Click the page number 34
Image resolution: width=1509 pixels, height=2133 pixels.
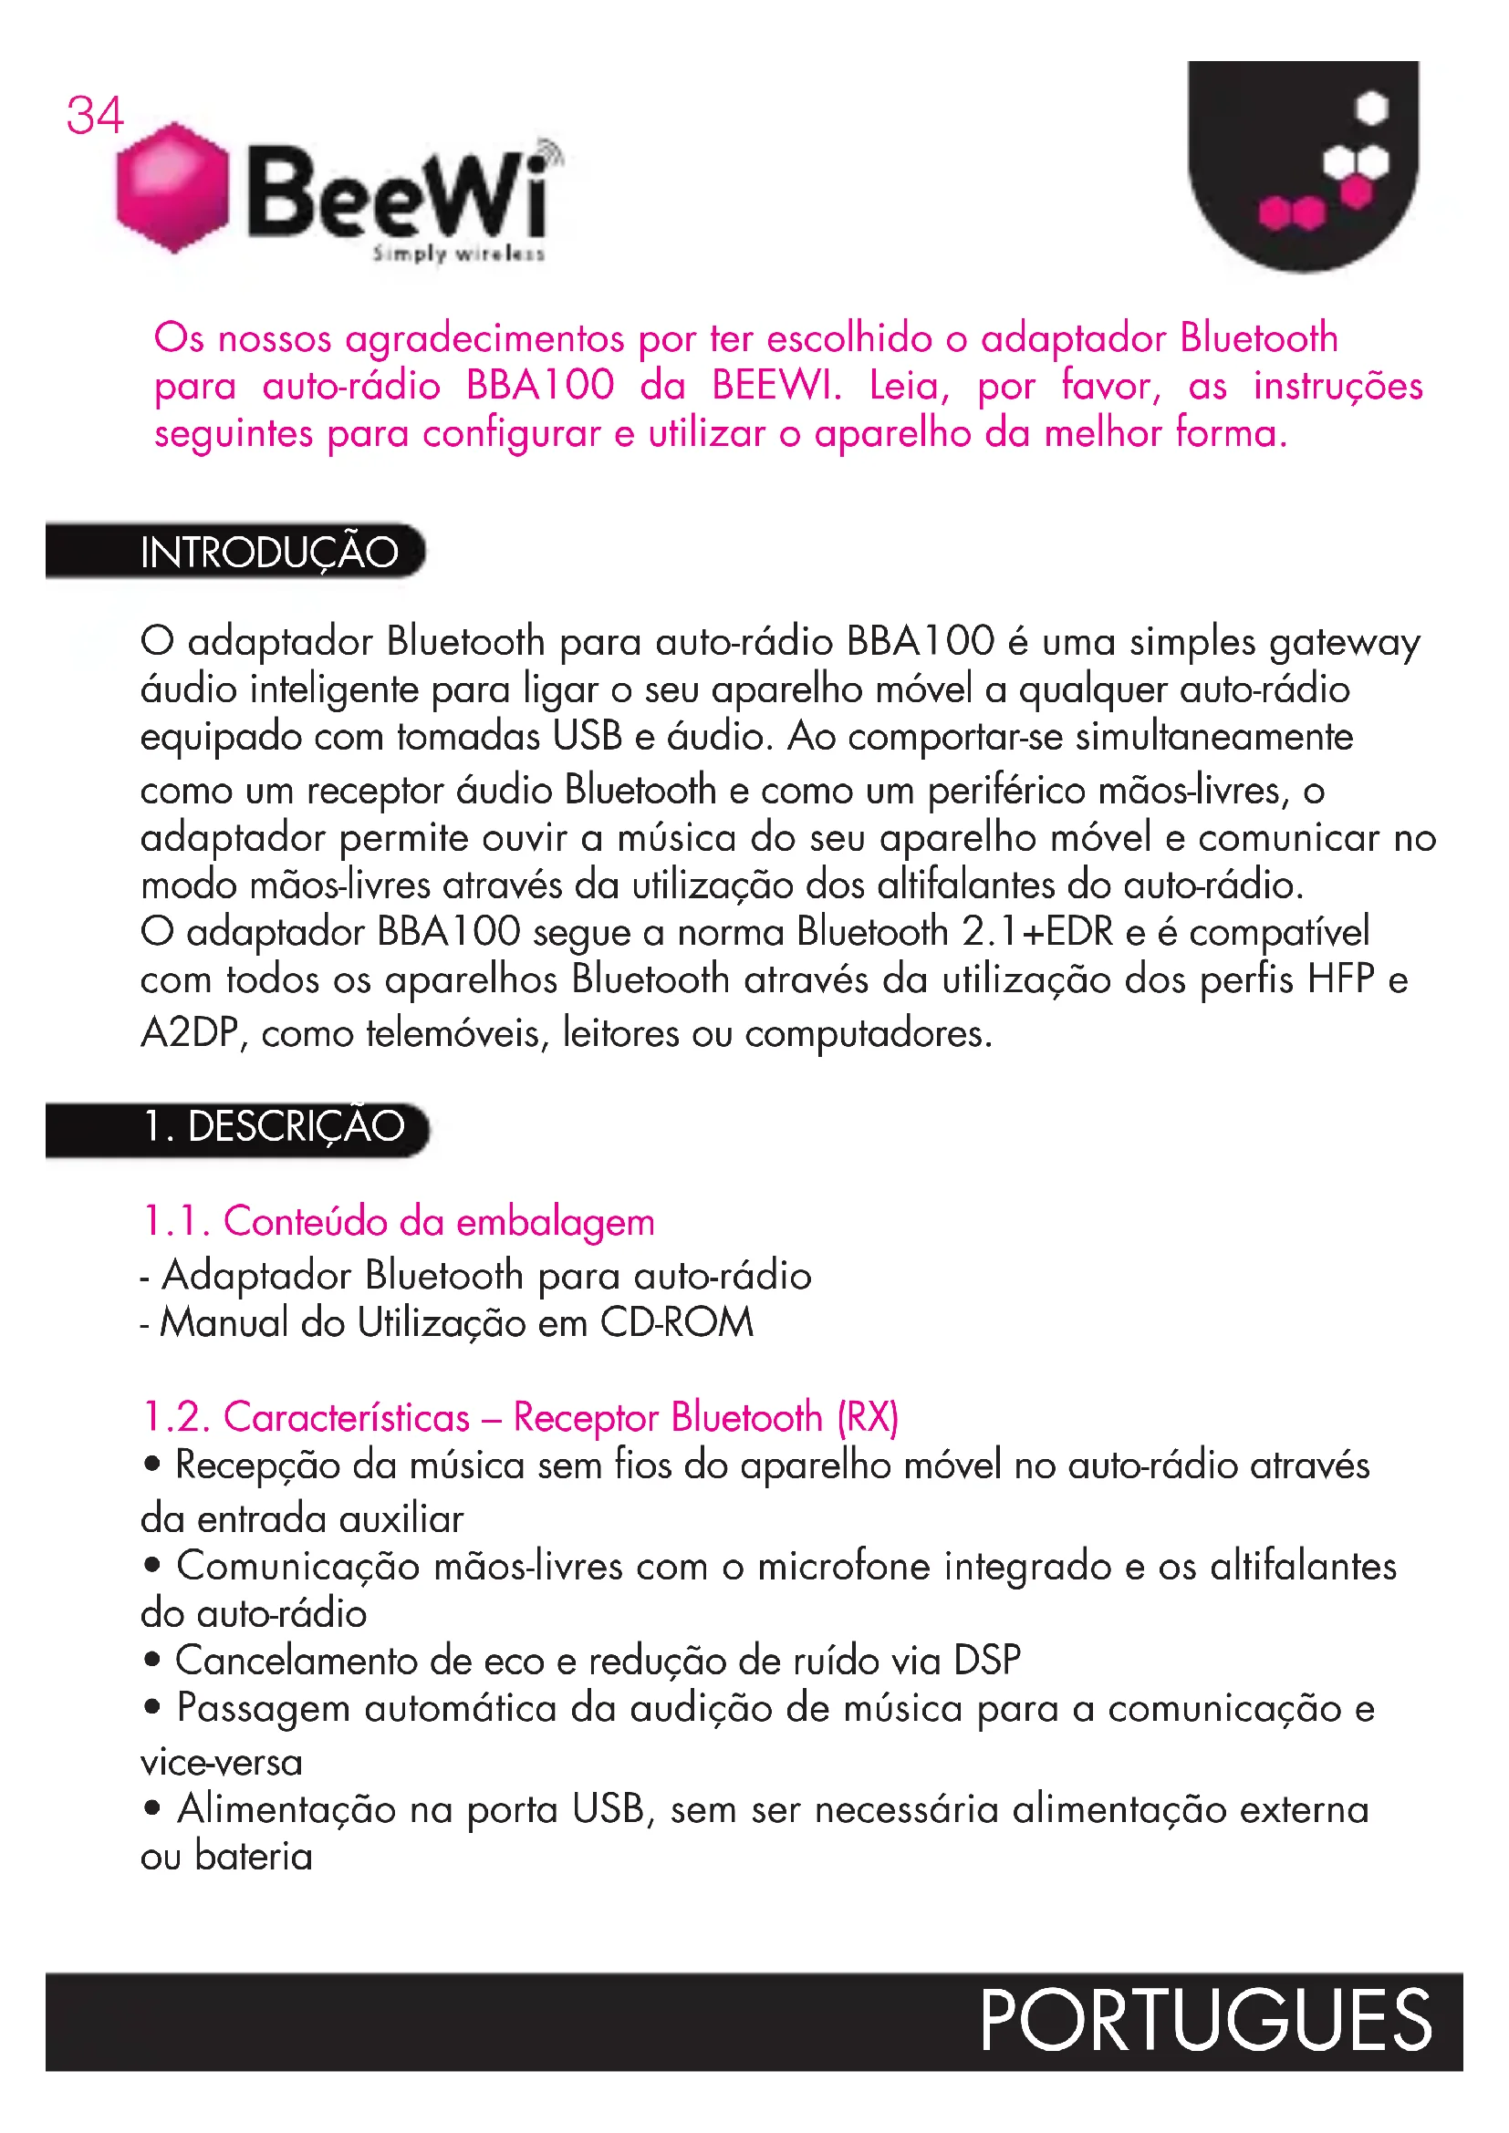(x=94, y=116)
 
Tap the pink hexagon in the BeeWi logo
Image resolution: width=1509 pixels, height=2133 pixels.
(x=172, y=187)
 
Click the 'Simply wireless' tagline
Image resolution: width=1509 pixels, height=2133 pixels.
(x=458, y=254)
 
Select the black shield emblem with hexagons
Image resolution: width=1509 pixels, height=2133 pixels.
(x=1303, y=162)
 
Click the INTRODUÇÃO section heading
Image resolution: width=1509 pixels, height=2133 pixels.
(x=269, y=553)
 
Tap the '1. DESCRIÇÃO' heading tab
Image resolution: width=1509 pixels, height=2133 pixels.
(x=274, y=1127)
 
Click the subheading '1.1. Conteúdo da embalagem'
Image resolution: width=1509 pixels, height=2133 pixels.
(x=398, y=1222)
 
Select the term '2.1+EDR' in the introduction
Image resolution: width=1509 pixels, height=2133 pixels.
(x=1037, y=932)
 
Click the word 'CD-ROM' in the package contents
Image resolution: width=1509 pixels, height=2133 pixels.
(x=676, y=1323)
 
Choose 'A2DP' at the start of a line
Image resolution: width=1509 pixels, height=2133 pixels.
(x=191, y=1033)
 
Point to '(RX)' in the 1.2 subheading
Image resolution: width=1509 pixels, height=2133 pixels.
(x=868, y=1418)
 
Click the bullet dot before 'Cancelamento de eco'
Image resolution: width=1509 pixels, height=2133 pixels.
(x=152, y=1659)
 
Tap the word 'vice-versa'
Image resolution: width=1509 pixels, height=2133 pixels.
(x=221, y=1763)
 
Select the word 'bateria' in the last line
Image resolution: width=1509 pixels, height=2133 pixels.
(x=254, y=1857)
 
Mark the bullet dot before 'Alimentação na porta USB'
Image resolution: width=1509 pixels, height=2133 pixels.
(x=152, y=1807)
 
